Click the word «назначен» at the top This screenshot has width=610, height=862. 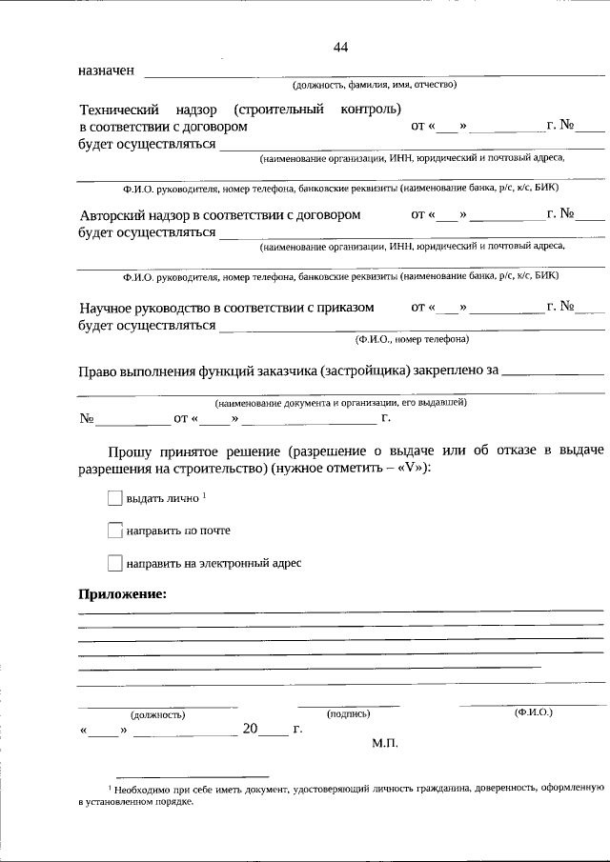(106, 71)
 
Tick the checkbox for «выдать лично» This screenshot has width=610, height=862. (115, 498)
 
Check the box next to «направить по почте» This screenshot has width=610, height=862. (115, 531)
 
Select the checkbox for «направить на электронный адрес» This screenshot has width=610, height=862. (115, 563)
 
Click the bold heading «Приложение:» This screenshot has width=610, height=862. (122, 593)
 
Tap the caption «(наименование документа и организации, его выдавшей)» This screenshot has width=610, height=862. (340, 403)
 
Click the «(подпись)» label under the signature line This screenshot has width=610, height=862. (348, 712)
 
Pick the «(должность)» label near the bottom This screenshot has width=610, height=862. (157, 713)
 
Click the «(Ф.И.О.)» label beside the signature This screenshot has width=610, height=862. (533, 712)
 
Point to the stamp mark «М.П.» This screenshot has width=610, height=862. (384, 742)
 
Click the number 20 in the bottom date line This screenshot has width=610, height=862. (250, 729)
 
